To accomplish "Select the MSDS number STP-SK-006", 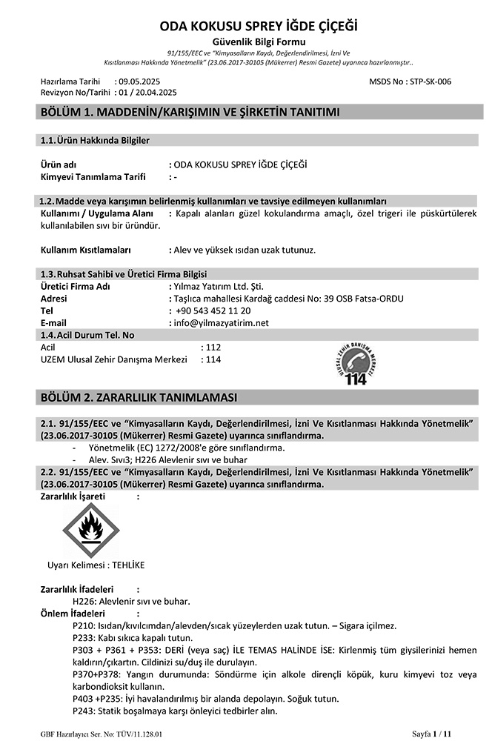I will coord(430,81).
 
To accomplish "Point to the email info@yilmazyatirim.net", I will coord(221,323).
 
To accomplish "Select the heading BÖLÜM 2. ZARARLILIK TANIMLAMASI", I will coord(139,398).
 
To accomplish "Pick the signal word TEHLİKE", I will coord(128,565).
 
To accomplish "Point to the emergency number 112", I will coord(214,347).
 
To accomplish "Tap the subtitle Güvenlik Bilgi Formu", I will coord(243,41).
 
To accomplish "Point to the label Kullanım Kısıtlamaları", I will coord(85,250).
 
